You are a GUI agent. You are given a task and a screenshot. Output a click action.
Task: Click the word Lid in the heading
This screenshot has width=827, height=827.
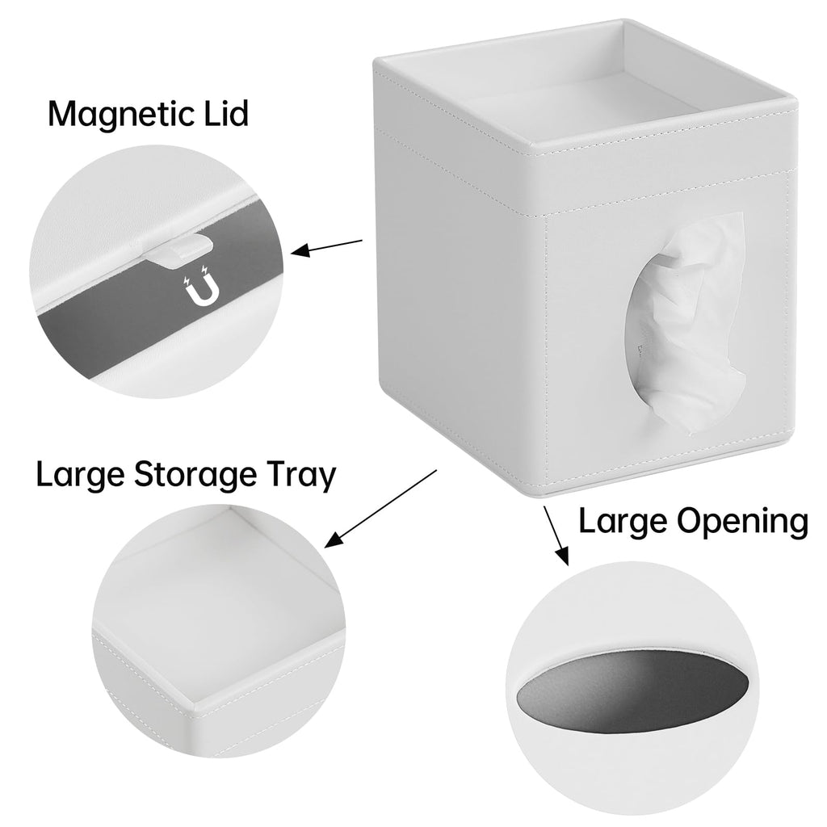point(227,112)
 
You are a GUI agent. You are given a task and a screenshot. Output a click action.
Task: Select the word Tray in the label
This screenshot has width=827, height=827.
point(300,475)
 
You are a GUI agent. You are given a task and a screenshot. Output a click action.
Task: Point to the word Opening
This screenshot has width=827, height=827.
point(742,523)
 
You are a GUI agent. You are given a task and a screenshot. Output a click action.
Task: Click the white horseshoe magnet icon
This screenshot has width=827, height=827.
point(200,287)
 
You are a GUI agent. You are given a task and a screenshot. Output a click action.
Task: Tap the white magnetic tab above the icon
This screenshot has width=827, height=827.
point(182,250)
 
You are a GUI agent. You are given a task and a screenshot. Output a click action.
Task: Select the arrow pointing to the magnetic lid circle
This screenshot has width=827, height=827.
point(326,247)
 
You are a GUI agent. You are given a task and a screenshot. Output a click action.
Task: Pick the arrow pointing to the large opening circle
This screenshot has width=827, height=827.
point(556,535)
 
